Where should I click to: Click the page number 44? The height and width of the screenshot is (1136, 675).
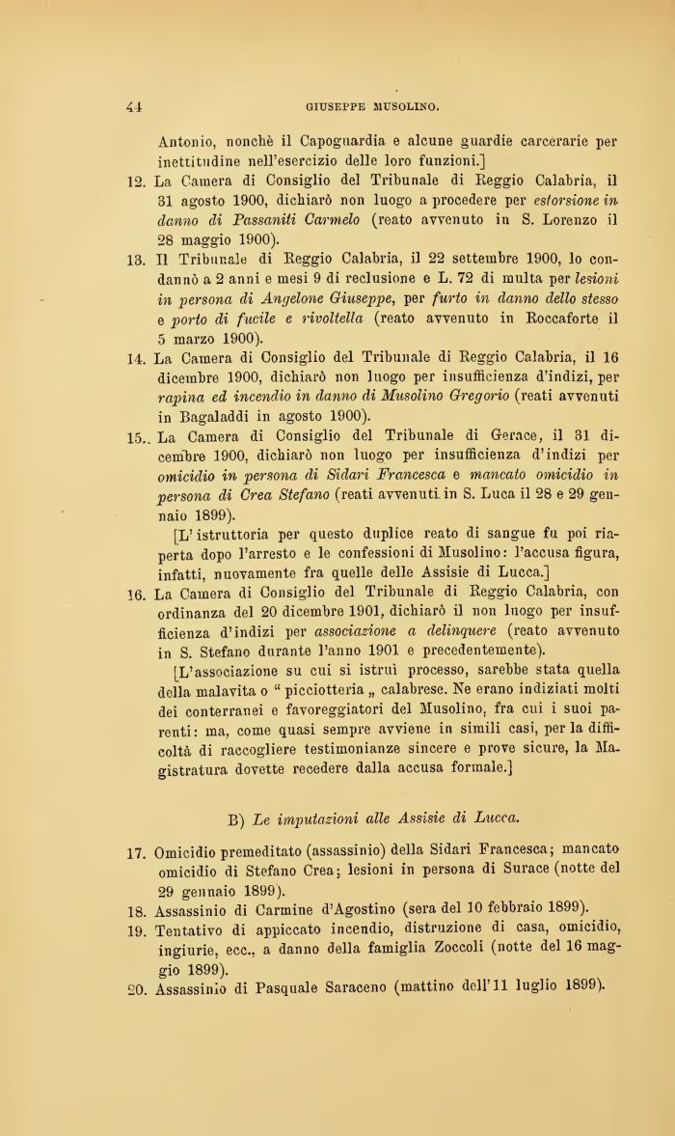click(134, 106)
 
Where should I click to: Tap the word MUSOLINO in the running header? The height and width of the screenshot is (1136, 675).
click(402, 106)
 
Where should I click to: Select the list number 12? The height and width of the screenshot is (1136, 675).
click(136, 180)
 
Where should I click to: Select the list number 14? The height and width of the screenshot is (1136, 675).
click(136, 359)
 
